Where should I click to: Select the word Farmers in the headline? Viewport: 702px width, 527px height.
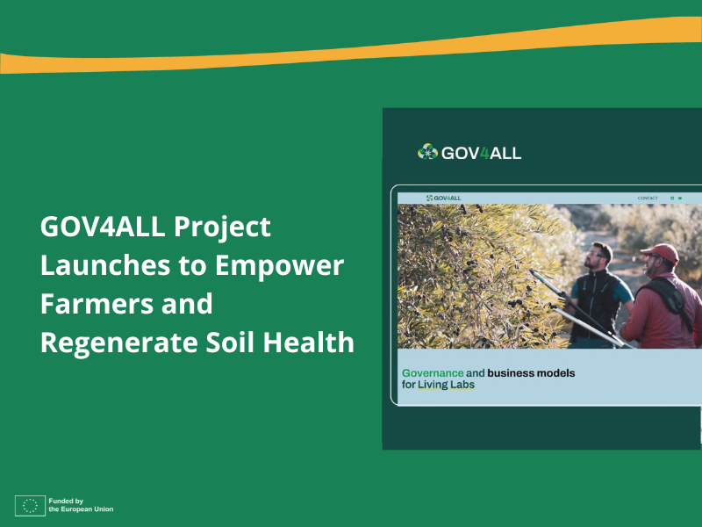(91, 304)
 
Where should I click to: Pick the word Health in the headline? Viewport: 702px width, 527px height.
(308, 342)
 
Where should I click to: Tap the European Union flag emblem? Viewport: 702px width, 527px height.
(30, 505)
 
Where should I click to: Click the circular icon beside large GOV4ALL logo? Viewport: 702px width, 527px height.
(427, 152)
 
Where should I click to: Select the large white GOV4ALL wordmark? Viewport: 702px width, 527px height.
(481, 153)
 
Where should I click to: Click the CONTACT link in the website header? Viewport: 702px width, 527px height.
(648, 199)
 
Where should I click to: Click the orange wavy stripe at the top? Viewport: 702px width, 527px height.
(351, 48)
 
